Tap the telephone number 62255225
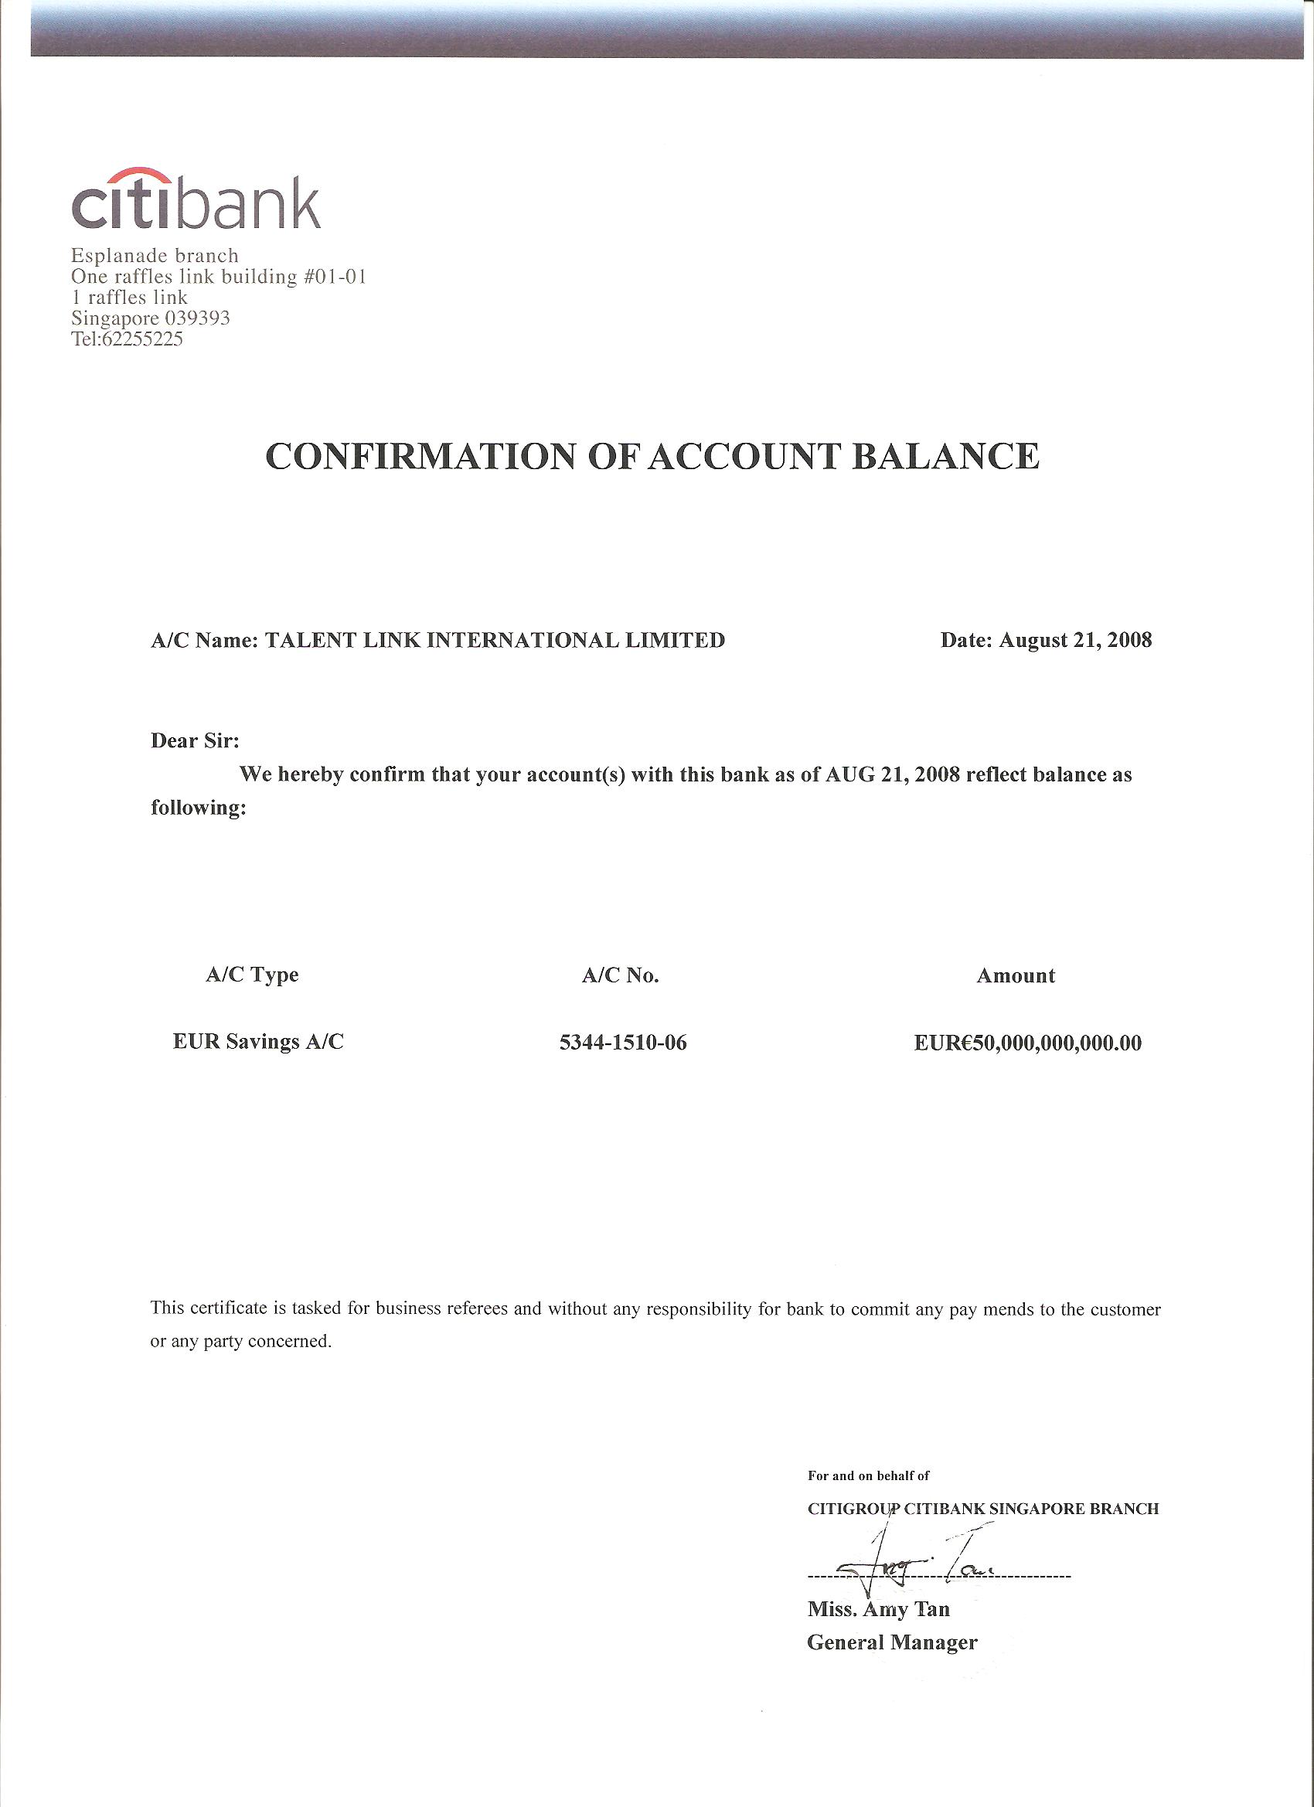143,339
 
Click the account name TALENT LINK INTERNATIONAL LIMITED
494,640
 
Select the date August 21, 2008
1075,640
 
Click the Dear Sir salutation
196,741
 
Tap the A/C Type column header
252,975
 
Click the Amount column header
1015,975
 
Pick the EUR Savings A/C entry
258,1042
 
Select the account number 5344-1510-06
622,1043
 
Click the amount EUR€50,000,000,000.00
1027,1043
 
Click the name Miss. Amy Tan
878,1603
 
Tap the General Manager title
892,1635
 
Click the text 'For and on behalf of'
868,1475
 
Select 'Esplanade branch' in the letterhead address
155,256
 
